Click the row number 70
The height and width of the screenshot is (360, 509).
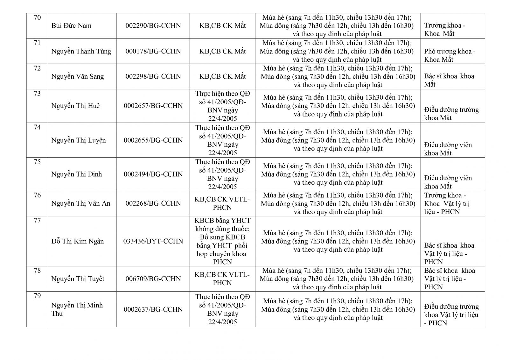[x=37, y=18]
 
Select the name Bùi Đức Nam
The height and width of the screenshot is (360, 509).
[x=71, y=26]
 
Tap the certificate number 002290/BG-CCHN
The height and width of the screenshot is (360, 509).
[x=153, y=26]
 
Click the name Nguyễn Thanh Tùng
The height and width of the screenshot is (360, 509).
[x=81, y=51]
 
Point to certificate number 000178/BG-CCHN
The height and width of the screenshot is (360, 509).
[x=153, y=51]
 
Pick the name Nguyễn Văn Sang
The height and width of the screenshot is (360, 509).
[x=77, y=76]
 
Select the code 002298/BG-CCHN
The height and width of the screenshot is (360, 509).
[x=153, y=76]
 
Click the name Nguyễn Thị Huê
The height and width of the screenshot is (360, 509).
[x=75, y=106]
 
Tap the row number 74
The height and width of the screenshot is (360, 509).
[x=37, y=127]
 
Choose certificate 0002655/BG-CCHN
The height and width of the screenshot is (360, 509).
[x=153, y=140]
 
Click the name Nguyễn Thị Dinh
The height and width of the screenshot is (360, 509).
[x=77, y=174]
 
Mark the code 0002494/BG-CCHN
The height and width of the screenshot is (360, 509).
[x=153, y=174]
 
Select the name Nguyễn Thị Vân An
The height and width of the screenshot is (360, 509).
[x=81, y=203]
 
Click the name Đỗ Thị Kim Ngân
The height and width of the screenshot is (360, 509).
[x=78, y=241]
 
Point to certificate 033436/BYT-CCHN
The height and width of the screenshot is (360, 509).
[x=153, y=241]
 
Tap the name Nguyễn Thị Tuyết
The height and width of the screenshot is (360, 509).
[x=78, y=279]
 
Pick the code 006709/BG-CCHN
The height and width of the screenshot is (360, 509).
[x=153, y=279]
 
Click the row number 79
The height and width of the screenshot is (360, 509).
[x=37, y=296]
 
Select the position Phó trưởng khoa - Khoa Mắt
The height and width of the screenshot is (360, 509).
[x=450, y=55]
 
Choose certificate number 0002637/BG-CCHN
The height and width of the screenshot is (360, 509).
[x=153, y=309]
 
